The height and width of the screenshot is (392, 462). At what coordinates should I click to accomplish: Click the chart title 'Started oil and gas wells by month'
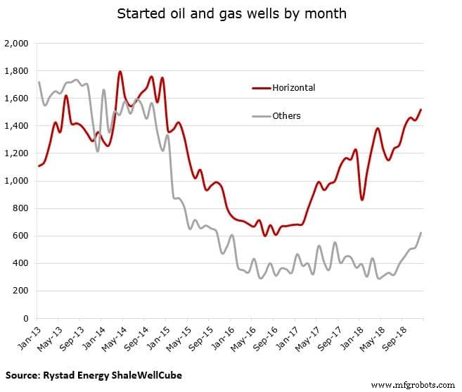click(x=231, y=14)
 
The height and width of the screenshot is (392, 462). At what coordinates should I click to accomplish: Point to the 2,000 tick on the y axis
click(x=15, y=44)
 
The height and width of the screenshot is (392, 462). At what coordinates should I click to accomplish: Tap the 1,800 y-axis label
click(x=15, y=71)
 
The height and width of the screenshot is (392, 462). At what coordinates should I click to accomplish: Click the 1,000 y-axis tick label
click(x=15, y=181)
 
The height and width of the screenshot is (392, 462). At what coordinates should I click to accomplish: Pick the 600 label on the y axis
click(x=19, y=236)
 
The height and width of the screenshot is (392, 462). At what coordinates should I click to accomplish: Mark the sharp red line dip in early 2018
click(x=362, y=200)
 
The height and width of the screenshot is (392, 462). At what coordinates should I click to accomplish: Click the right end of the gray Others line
click(x=421, y=233)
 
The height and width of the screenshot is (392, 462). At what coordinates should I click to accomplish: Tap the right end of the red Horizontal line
click(x=421, y=110)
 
